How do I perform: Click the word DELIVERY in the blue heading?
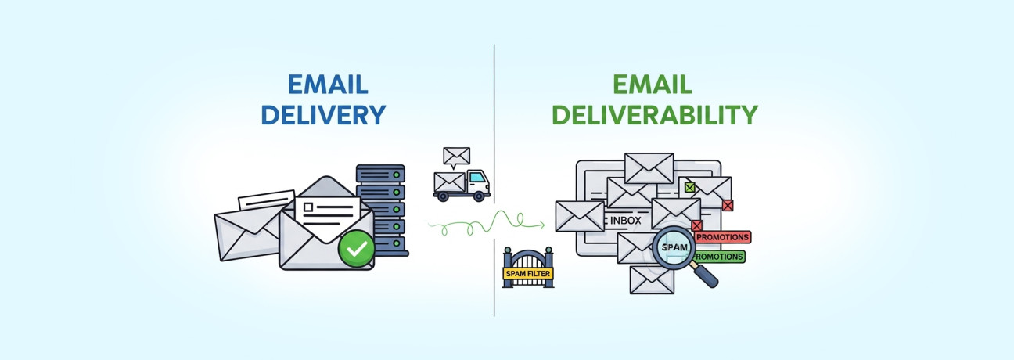pos(323,115)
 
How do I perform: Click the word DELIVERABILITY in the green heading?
pos(654,115)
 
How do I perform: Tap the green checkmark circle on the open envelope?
pos(356,249)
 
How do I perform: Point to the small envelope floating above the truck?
pos(456,156)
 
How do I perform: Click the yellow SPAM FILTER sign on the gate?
pos(527,274)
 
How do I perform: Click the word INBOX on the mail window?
pos(625,221)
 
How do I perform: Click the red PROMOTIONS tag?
pos(722,237)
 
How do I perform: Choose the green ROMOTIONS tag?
pos(719,256)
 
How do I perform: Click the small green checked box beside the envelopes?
pos(689,187)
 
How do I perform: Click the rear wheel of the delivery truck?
pos(444,196)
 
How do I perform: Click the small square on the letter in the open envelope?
pos(307,207)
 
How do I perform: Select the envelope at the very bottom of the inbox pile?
pos(652,279)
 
